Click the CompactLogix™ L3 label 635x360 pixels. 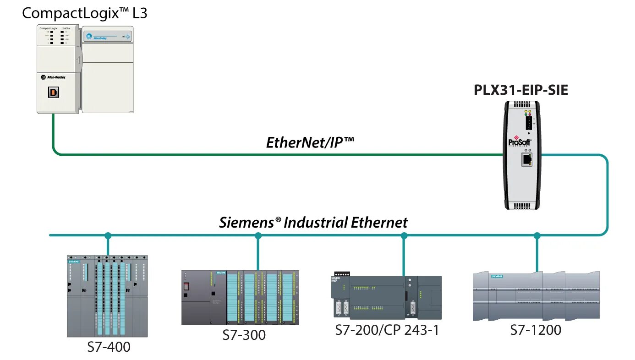pyautogui.click(x=85, y=13)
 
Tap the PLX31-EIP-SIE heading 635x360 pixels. pyautogui.click(x=521, y=90)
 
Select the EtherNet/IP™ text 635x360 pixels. pyautogui.click(x=310, y=142)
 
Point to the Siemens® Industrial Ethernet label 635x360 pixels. pyautogui.click(x=313, y=223)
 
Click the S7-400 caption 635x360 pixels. pyautogui.click(x=109, y=347)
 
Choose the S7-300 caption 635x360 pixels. pyautogui.click(x=244, y=335)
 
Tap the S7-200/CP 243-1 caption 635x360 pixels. pyautogui.click(x=387, y=330)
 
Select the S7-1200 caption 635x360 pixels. pyautogui.click(x=536, y=330)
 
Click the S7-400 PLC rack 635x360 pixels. pyautogui.click(x=108, y=296)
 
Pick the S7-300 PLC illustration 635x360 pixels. pyautogui.click(x=240, y=297)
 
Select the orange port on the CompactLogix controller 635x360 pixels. pyautogui.click(x=54, y=92)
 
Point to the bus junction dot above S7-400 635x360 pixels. pyautogui.click(x=108, y=236)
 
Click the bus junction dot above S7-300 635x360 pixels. pyautogui.click(x=258, y=236)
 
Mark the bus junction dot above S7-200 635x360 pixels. pyautogui.click(x=404, y=236)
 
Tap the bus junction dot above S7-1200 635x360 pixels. pyautogui.click(x=537, y=236)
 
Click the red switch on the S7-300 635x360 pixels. pyautogui.click(x=186, y=287)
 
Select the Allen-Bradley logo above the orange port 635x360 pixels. pyautogui.click(x=53, y=77)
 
